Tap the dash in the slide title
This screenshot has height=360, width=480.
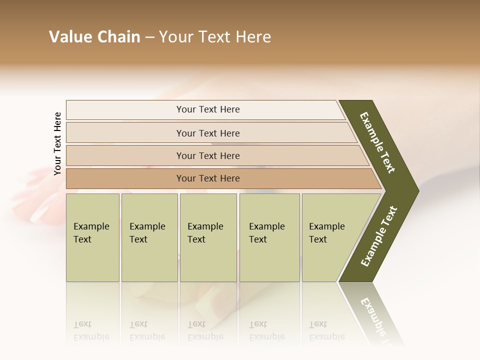pyautogui.click(x=150, y=37)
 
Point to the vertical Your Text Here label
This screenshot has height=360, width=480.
pyautogui.click(x=57, y=143)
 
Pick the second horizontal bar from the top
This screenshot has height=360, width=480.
pyautogui.click(x=208, y=133)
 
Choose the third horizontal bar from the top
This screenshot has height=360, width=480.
pyautogui.click(x=208, y=155)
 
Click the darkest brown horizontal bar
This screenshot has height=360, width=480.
pyautogui.click(x=208, y=178)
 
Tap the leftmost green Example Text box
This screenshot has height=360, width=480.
pyautogui.click(x=92, y=237)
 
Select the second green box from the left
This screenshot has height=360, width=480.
pyautogui.click(x=149, y=237)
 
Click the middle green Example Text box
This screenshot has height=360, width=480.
pyautogui.click(x=208, y=237)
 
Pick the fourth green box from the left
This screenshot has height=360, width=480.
pyautogui.click(x=269, y=237)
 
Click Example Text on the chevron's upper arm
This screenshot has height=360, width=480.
pyautogui.click(x=377, y=142)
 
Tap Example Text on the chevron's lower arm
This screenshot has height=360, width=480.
pyautogui.click(x=379, y=236)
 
